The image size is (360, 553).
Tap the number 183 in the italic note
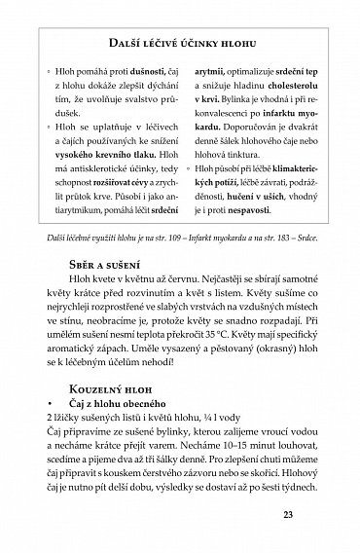pos(286,264)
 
